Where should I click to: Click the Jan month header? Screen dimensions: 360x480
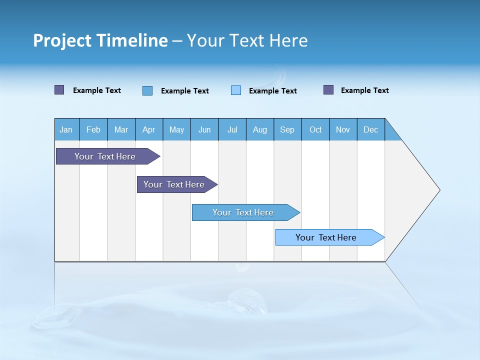point(66,129)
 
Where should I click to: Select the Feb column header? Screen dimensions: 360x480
point(93,129)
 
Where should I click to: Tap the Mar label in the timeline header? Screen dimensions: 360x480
point(121,129)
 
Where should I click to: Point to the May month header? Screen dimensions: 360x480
point(176,129)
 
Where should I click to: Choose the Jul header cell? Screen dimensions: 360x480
point(232,129)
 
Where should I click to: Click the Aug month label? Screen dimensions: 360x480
point(259,129)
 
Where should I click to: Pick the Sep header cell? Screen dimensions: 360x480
point(287,129)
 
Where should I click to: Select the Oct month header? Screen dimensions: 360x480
point(315,129)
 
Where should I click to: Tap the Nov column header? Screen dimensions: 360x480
point(343,129)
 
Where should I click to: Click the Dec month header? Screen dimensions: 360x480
point(370,129)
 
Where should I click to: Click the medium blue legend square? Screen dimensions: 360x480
point(147,90)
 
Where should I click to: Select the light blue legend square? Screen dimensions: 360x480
point(236,90)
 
